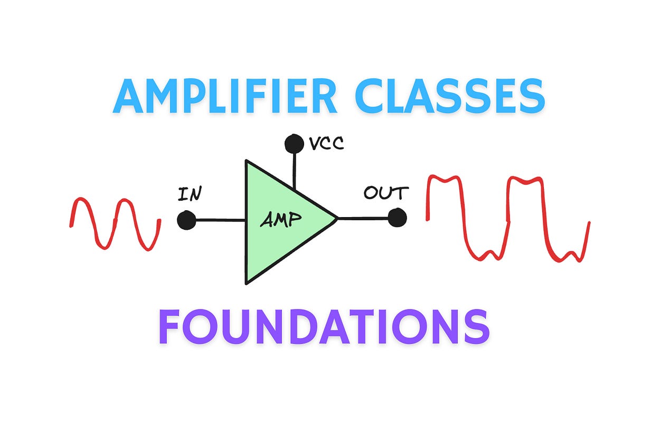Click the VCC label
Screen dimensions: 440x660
(x=326, y=144)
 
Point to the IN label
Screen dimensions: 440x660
(x=190, y=194)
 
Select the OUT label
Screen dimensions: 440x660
(x=385, y=193)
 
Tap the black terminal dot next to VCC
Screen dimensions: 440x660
(x=294, y=143)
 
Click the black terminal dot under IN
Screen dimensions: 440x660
(x=186, y=220)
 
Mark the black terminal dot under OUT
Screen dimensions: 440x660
(x=397, y=218)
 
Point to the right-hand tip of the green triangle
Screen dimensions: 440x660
(x=336, y=218)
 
